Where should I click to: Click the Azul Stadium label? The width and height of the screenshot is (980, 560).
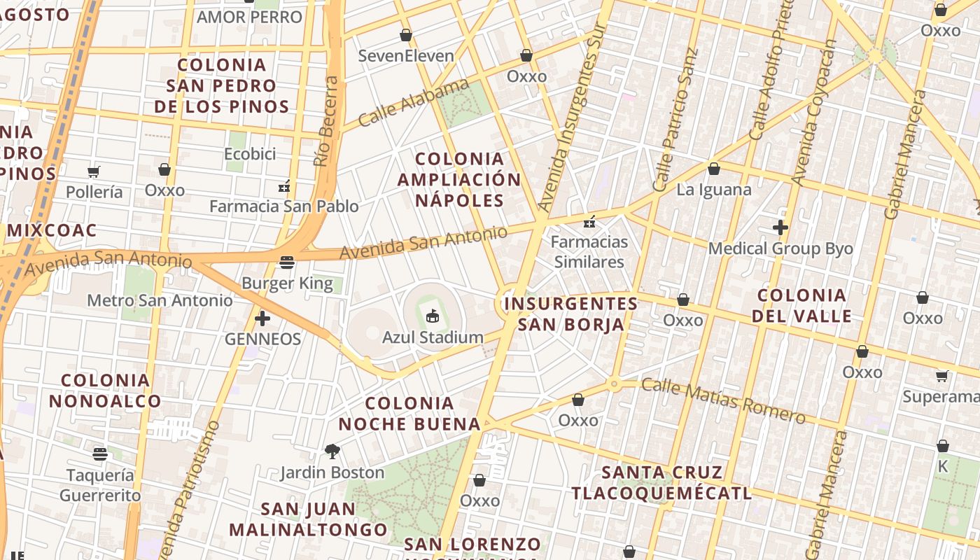(x=433, y=337)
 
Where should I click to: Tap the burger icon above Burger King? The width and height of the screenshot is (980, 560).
(x=287, y=262)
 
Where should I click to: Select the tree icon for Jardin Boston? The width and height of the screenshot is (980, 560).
(x=332, y=451)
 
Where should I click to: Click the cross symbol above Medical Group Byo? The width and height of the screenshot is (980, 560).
(x=780, y=227)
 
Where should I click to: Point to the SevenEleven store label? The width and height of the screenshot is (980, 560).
(x=406, y=56)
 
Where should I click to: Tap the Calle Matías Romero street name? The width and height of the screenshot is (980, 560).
(x=723, y=401)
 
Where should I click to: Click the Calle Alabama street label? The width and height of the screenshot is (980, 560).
(x=413, y=103)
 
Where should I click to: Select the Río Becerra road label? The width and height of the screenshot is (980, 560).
(x=326, y=121)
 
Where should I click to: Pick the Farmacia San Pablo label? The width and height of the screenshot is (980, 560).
(x=284, y=206)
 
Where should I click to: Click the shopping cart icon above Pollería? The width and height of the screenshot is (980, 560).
(x=94, y=171)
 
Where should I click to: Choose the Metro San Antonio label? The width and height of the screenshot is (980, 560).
(x=160, y=301)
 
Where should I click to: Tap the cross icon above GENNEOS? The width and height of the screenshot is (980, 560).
(x=262, y=319)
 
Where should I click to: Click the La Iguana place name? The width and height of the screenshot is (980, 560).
(x=714, y=190)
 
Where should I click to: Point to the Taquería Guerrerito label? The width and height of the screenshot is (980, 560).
(x=100, y=485)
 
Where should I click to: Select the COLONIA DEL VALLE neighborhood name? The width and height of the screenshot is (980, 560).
(x=801, y=306)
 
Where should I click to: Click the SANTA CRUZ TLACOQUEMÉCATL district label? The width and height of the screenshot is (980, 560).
(x=661, y=483)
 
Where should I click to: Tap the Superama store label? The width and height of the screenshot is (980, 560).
(x=940, y=397)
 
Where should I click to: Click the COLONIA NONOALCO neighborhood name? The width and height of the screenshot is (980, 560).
(x=105, y=391)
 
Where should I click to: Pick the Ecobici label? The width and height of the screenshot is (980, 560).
(x=250, y=154)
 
